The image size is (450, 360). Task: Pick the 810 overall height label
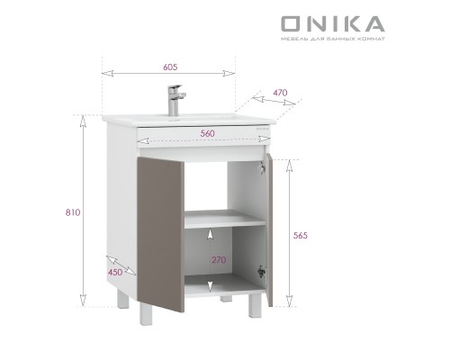73,212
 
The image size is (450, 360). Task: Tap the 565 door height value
301,235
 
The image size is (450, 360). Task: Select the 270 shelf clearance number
219,260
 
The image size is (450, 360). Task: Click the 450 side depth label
115,272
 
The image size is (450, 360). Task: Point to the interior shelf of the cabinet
225,218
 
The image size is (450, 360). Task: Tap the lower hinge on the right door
262,269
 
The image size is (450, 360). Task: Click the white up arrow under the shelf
211,234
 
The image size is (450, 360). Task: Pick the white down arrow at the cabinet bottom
211,285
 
